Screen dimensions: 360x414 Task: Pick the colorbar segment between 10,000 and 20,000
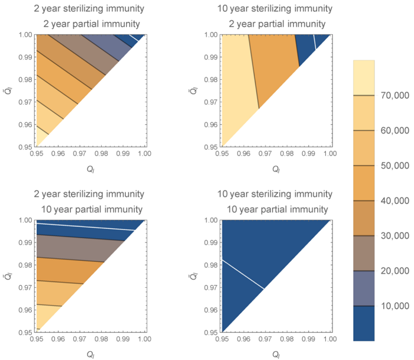tap(365, 288)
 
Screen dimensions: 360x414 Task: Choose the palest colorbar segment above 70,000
tap(365, 77)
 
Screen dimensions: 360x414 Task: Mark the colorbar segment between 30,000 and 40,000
tap(365, 218)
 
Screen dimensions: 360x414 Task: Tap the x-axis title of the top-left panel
tap(90, 168)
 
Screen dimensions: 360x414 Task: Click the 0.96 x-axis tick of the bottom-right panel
tap(243, 339)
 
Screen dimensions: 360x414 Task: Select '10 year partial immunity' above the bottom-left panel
tap(92, 209)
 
